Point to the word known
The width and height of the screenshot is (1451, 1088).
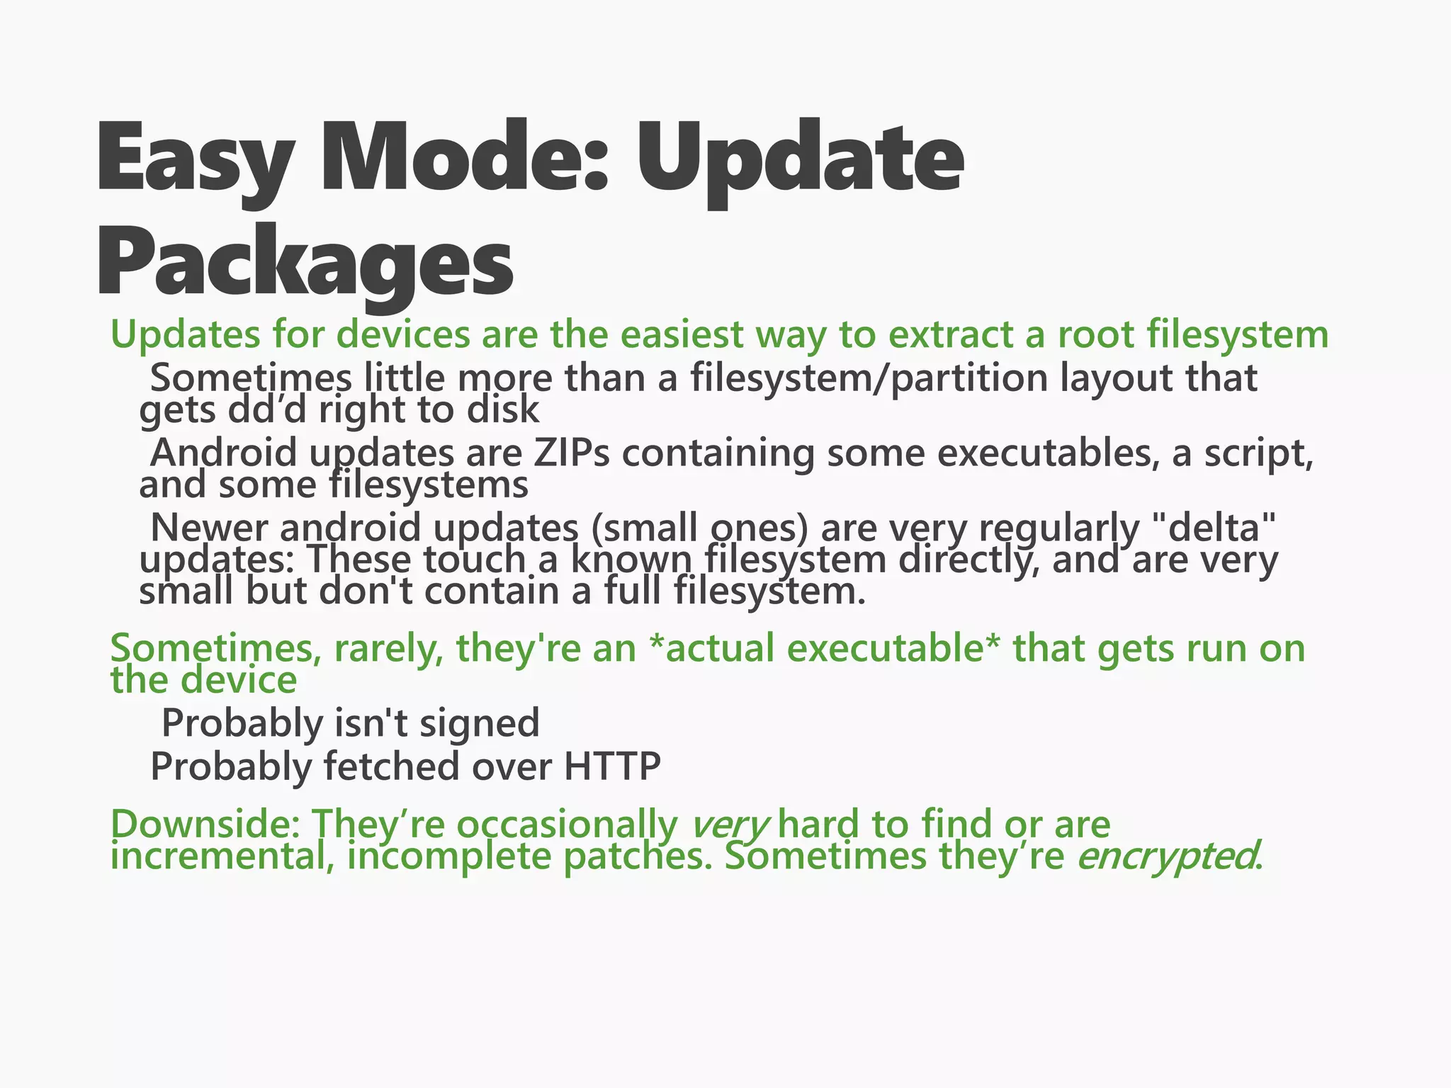point(631,559)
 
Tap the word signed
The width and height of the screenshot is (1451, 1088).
point(479,723)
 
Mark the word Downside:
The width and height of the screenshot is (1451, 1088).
point(206,824)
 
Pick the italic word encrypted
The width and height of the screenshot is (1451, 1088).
point(1166,856)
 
